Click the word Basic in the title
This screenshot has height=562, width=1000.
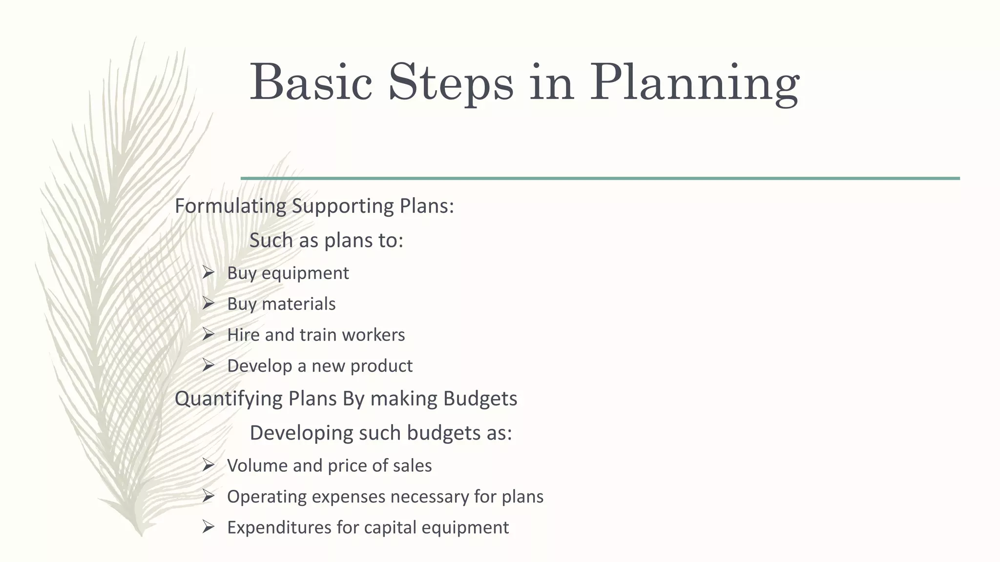point(311,82)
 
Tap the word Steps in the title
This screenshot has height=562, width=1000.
point(451,82)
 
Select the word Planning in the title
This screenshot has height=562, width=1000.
point(694,82)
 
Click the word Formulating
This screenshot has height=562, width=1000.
point(230,206)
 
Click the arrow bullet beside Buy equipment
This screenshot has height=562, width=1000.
point(208,273)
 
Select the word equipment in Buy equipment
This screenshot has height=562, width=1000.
point(305,273)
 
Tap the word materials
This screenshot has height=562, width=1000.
point(298,304)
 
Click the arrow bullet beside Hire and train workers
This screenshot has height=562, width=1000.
point(208,335)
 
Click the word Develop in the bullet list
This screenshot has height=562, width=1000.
point(259,366)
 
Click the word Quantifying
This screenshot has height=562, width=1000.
point(229,399)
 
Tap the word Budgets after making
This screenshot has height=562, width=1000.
point(480,399)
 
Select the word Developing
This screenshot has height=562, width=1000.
point(301,433)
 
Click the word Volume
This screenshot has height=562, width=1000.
point(257,465)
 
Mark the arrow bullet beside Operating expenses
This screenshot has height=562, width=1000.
point(208,496)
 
